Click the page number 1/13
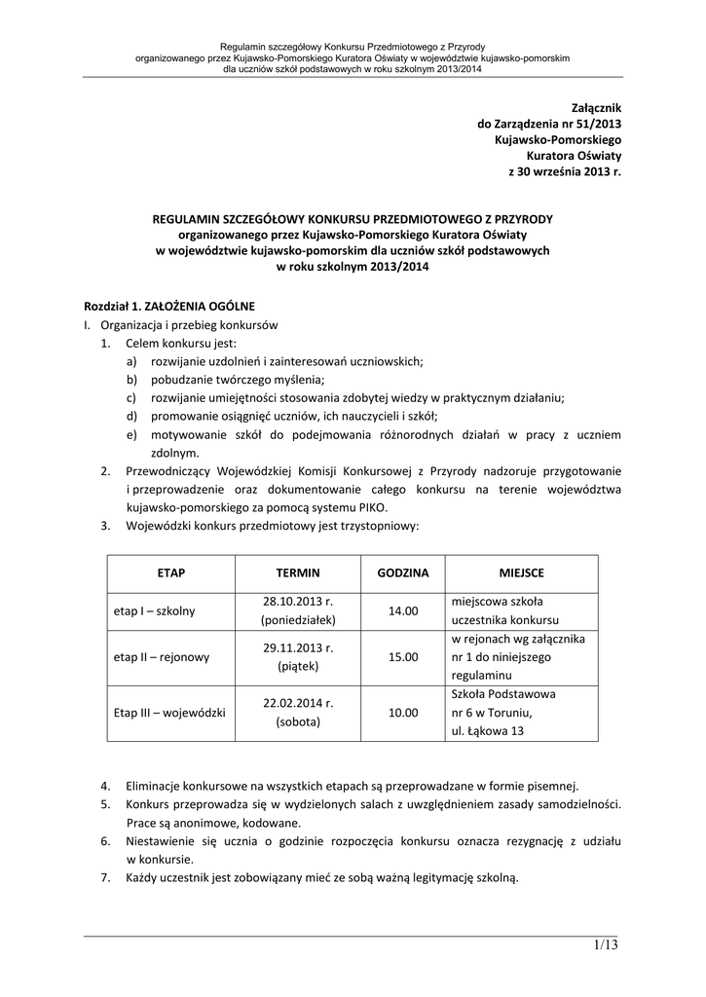[x=604, y=945]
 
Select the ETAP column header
[x=170, y=573]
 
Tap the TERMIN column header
[x=298, y=573]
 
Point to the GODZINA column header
[x=403, y=573]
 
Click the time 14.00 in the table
[x=403, y=610]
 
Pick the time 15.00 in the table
[x=403, y=657]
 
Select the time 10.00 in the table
[x=403, y=713]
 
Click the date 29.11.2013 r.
[x=298, y=647]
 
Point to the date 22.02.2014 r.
[x=298, y=703]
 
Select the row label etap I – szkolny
[x=154, y=610]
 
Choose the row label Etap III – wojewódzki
[x=169, y=713]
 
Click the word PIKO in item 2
[x=371, y=508]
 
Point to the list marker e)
[x=130, y=435]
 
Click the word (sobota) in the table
[x=298, y=721]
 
